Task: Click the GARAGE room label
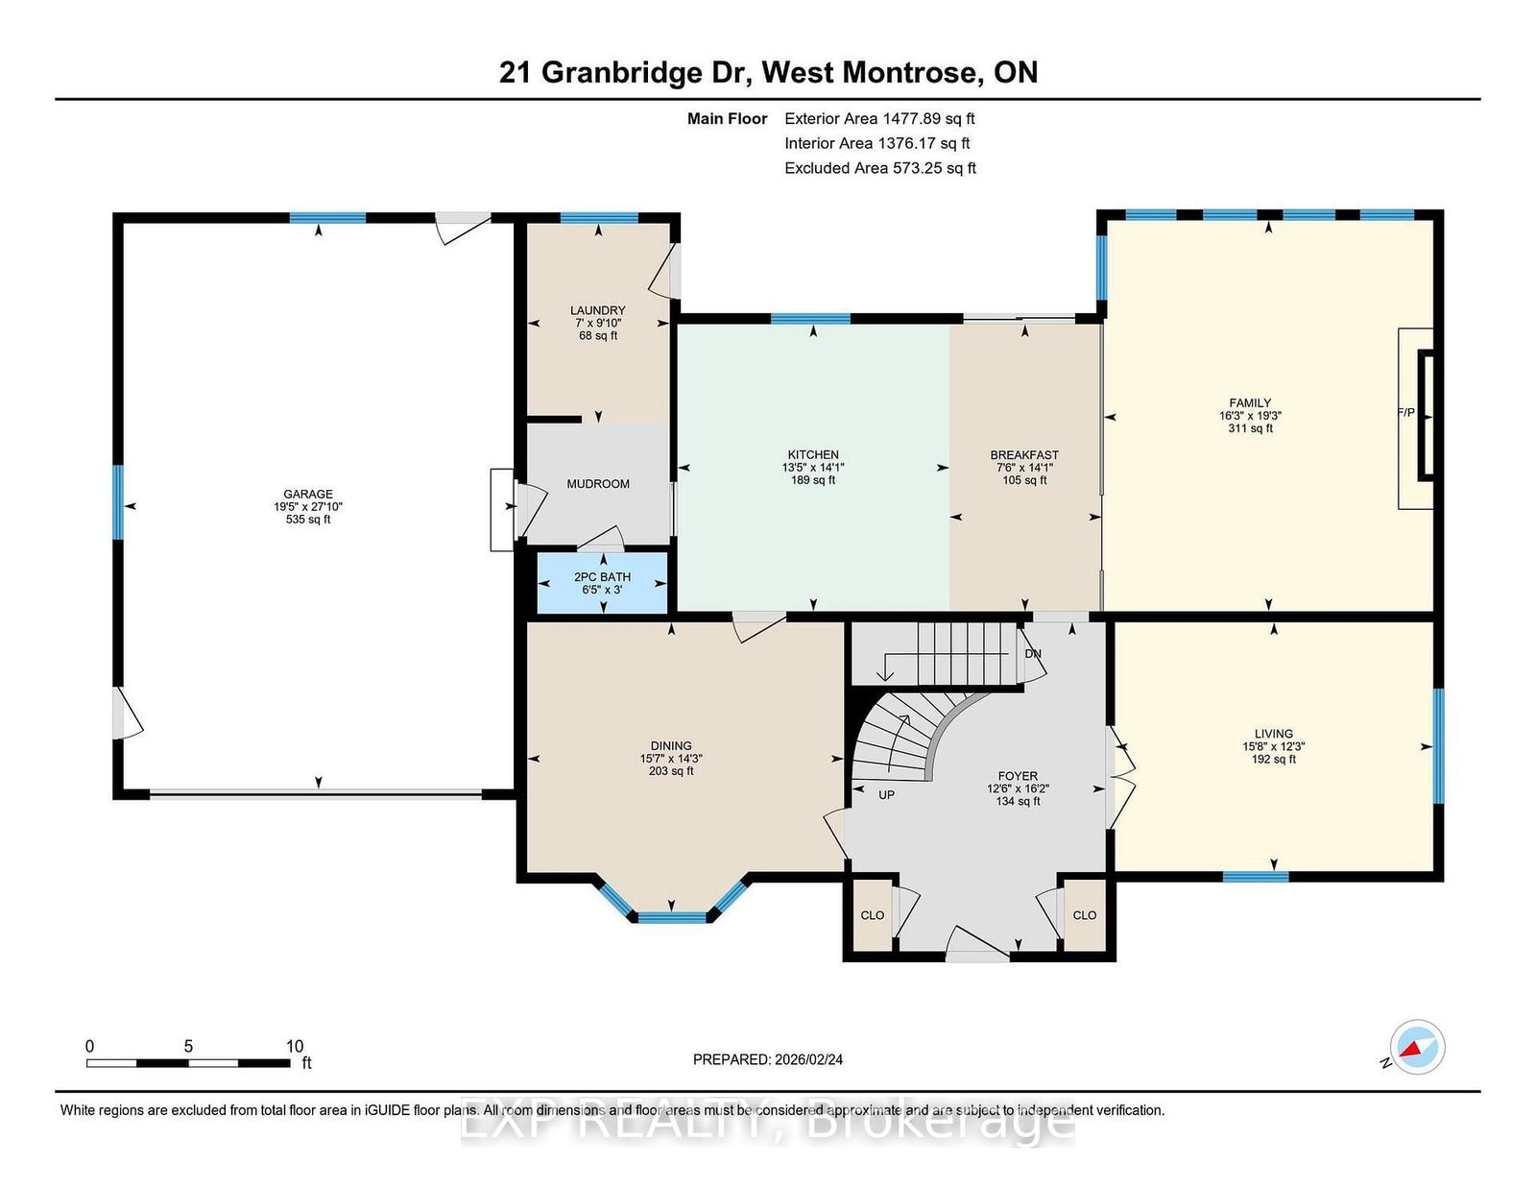pos(308,495)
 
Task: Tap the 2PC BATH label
pos(602,577)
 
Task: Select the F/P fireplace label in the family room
pos(1406,412)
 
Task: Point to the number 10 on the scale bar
pos(295,1046)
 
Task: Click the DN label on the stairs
pos(1033,653)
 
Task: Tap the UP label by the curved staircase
pos(886,795)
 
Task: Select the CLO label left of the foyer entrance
pos(873,915)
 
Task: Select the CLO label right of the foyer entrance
pos(1084,915)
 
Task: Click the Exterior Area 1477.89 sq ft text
pos(879,119)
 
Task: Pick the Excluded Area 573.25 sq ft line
pos(880,168)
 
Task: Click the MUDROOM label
pos(598,484)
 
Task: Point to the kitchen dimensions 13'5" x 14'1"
pos(813,468)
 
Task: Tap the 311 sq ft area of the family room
pos(1251,427)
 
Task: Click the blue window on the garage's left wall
pos(118,502)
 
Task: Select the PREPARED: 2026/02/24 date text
pos(768,1059)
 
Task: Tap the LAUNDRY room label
pos(598,310)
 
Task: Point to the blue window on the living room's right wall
pos(1438,745)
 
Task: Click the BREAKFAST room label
pos(1024,455)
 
